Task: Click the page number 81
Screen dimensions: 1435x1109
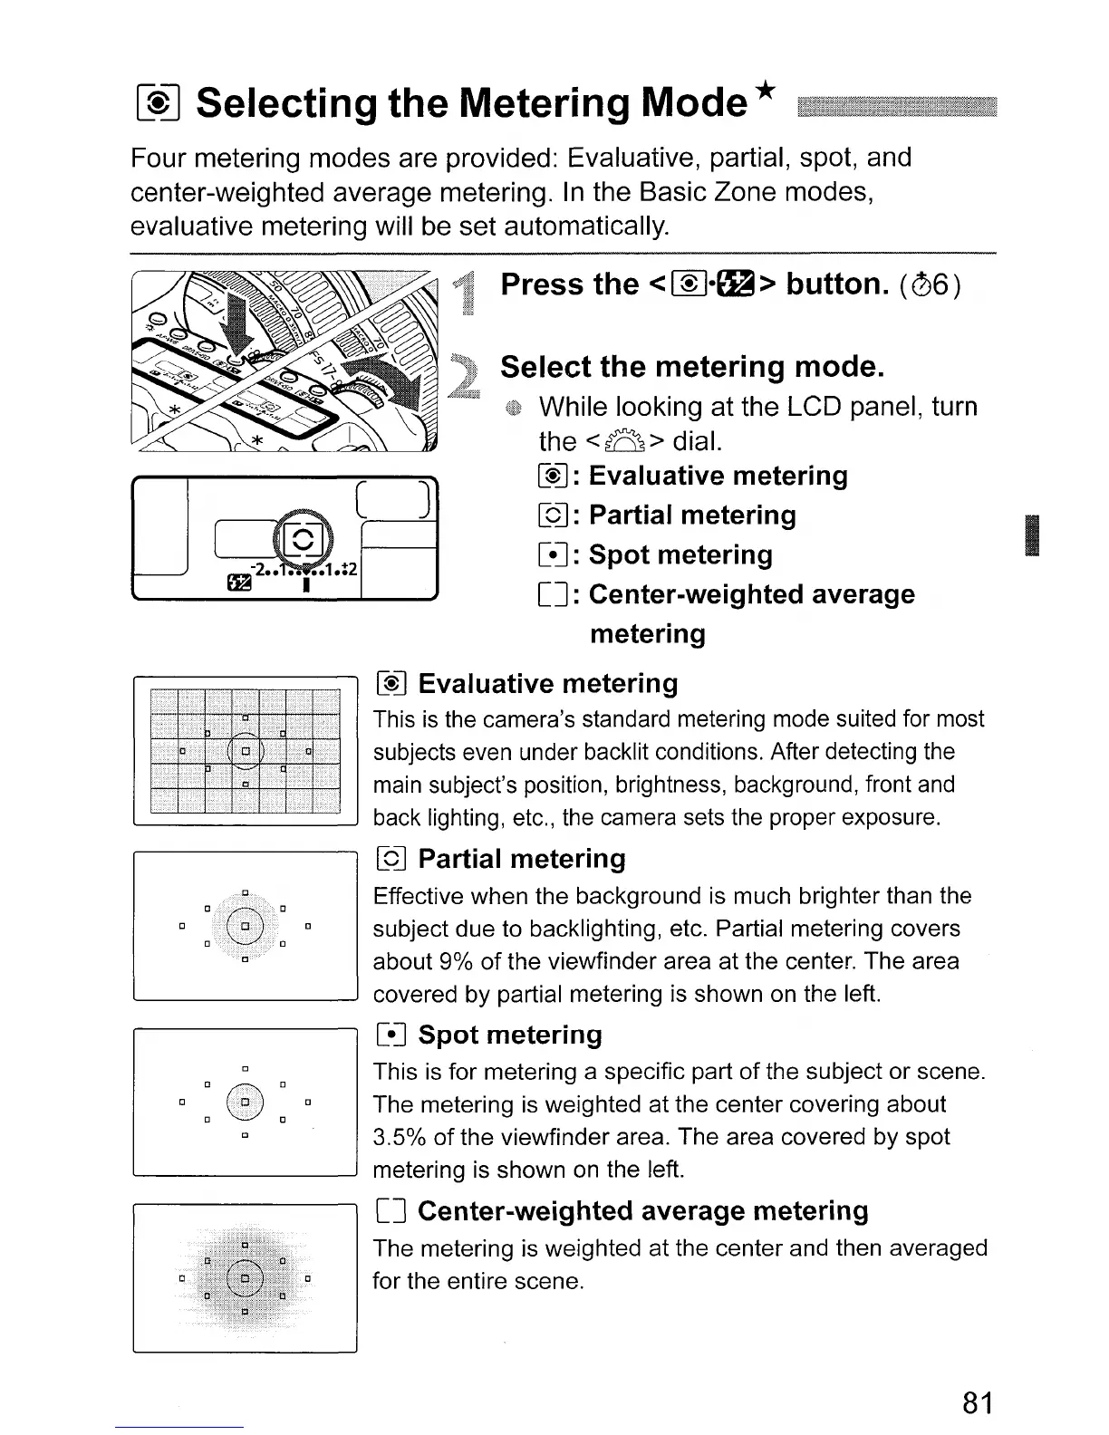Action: [978, 1402]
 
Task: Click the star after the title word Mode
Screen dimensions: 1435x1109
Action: [767, 92]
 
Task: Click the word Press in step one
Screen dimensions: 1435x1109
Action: [543, 284]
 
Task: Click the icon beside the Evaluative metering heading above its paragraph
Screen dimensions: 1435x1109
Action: [393, 684]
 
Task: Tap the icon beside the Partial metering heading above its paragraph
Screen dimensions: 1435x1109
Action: [393, 860]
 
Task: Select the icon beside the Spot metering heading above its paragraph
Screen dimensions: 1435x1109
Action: [393, 1035]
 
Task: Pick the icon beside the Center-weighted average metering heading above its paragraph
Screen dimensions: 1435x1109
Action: [393, 1211]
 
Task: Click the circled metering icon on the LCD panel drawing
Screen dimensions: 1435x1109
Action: [304, 543]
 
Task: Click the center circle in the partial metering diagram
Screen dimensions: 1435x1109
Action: [245, 927]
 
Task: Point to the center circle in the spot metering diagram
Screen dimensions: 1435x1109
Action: [245, 1103]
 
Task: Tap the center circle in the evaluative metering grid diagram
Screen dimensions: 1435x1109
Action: [245, 750]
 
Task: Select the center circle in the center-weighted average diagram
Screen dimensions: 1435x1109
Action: [245, 1279]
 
